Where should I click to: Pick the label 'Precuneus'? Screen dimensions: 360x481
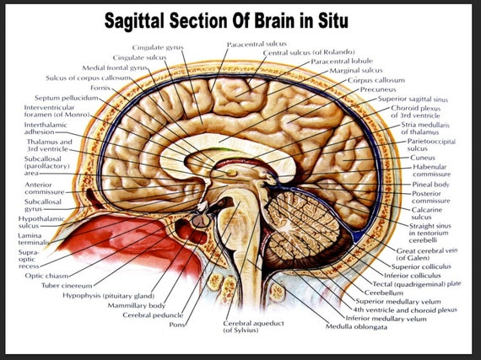tap(377, 89)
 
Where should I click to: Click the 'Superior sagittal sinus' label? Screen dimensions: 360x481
tap(413, 99)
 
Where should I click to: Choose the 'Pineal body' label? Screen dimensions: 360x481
tap(430, 183)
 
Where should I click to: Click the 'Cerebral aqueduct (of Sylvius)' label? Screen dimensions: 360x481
tap(254, 326)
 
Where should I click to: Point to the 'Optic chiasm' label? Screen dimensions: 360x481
tap(46, 275)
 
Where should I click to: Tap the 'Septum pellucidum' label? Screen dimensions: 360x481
tap(67, 98)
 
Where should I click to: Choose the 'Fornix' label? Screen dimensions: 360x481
tap(100, 88)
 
